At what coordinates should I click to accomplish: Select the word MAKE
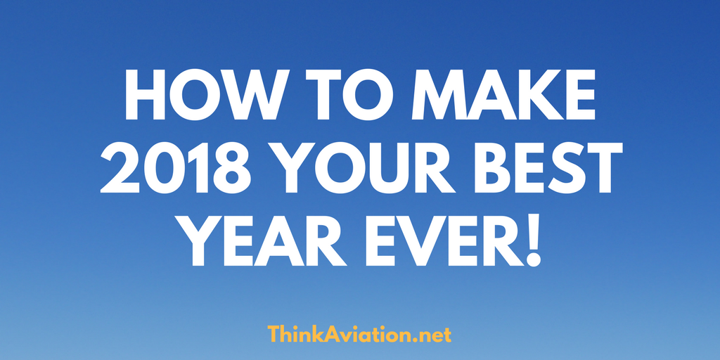point(503,96)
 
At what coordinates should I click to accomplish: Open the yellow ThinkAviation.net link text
point(359,334)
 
